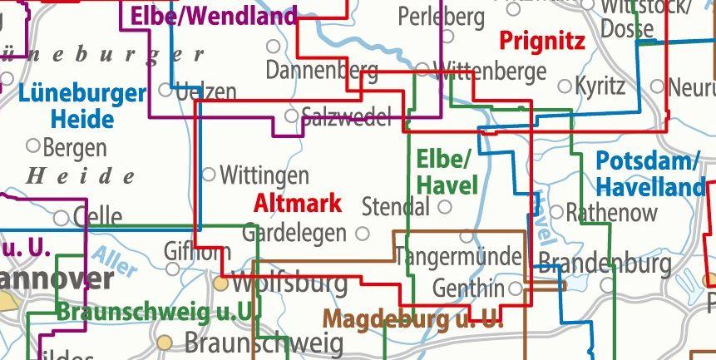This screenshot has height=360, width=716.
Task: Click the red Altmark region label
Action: click(297, 203)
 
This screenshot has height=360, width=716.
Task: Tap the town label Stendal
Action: click(396, 206)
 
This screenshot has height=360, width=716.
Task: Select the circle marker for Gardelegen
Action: click(362, 234)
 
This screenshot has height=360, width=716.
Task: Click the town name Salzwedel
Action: click(346, 116)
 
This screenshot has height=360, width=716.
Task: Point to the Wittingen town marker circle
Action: click(209, 175)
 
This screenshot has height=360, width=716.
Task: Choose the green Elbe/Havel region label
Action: click(447, 170)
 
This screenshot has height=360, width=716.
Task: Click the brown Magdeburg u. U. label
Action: click(412, 318)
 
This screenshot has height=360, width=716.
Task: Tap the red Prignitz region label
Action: click(542, 41)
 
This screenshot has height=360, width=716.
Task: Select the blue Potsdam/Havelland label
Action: click(649, 173)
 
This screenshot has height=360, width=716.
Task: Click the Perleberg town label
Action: click(441, 15)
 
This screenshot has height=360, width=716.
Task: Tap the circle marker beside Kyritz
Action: click(565, 86)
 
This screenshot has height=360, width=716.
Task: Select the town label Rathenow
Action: click(611, 212)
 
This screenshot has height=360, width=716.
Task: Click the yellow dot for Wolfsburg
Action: click(220, 284)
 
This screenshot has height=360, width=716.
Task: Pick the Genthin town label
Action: click(468, 288)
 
